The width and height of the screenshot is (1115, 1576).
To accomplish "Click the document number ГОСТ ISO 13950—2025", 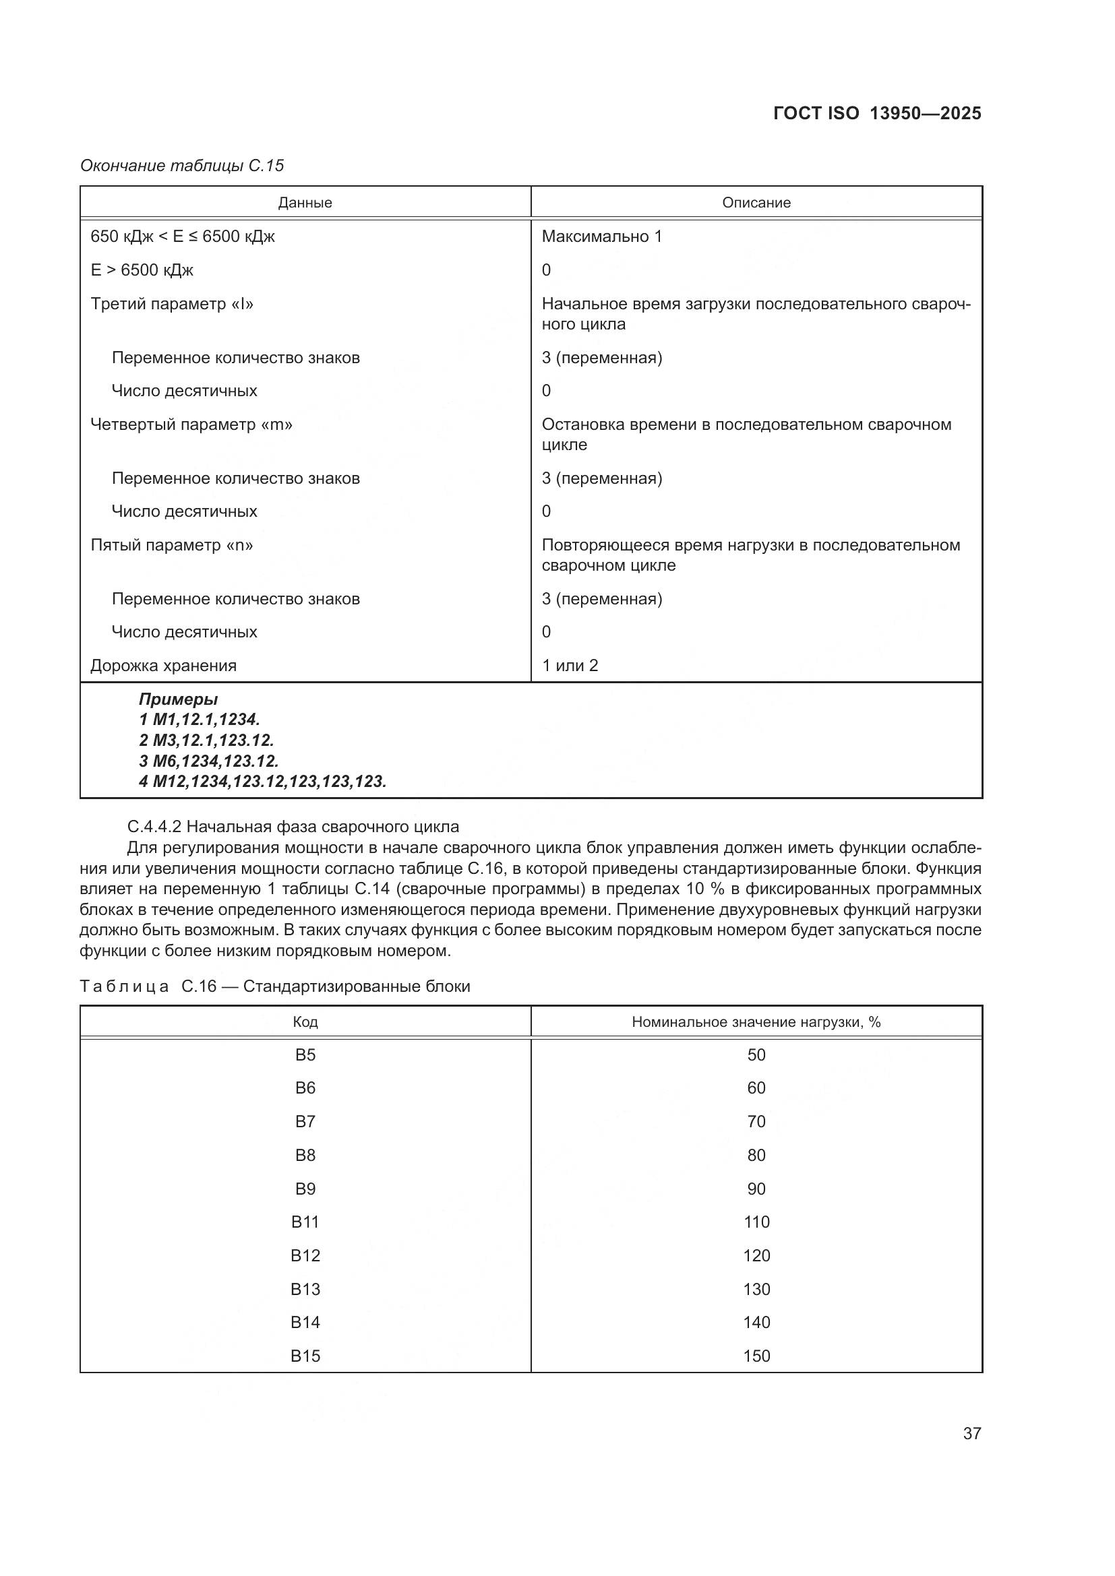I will tap(877, 113).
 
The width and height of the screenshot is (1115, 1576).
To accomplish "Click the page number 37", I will tap(971, 1433).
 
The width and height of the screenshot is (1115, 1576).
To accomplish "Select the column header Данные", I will tap(305, 203).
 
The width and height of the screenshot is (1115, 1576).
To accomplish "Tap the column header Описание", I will tap(756, 203).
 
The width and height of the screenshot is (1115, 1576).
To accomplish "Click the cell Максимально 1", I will tap(601, 237).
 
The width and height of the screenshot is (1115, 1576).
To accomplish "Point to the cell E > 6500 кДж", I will tap(142, 270).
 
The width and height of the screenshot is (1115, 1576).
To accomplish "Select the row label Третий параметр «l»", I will tap(172, 304).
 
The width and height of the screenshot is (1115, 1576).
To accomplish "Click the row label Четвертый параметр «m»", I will tap(191, 425).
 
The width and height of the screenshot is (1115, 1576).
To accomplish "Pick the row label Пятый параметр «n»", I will tap(172, 546).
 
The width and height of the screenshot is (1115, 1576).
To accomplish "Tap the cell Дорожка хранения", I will tap(163, 666).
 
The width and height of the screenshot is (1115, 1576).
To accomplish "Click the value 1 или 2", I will tap(569, 666).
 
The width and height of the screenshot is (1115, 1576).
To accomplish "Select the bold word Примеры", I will tap(179, 699).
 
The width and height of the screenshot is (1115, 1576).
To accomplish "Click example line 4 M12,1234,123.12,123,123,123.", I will tap(262, 781).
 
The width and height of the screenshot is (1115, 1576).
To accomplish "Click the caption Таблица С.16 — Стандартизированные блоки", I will tap(274, 986).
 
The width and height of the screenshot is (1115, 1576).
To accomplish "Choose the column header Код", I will tap(305, 1022).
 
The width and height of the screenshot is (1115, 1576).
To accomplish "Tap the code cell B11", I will tap(305, 1222).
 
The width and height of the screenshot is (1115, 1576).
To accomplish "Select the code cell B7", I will tap(305, 1122).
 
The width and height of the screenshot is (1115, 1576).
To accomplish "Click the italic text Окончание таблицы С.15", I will tap(182, 166).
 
